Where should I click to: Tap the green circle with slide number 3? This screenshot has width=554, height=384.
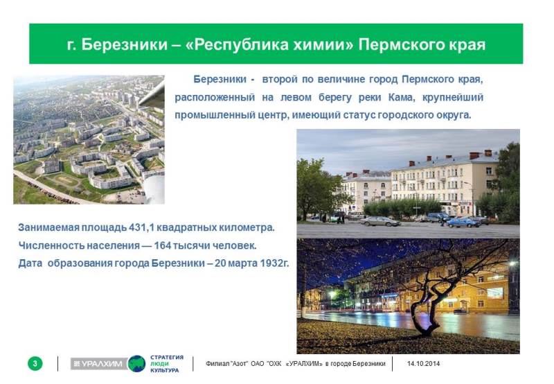[x=35, y=363]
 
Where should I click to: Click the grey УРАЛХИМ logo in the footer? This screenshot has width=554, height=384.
[x=99, y=363]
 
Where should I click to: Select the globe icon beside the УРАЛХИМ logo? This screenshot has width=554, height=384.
[x=136, y=363]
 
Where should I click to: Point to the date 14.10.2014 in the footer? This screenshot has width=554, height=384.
[x=423, y=363]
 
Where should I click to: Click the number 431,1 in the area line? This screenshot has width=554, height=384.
[x=141, y=227]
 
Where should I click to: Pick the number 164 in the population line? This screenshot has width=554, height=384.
[x=163, y=245]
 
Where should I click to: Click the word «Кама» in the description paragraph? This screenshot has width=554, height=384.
[x=401, y=97]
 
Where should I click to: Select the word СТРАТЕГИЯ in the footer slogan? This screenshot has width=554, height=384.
[x=167, y=357]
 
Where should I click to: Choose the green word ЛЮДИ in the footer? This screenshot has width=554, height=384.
[x=159, y=364]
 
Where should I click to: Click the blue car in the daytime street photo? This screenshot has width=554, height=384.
[x=463, y=222]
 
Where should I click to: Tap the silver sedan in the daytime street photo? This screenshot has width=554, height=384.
[x=379, y=221]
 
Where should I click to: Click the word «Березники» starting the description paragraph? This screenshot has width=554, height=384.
[x=220, y=79]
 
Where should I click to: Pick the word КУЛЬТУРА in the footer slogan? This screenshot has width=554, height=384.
[x=165, y=371]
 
